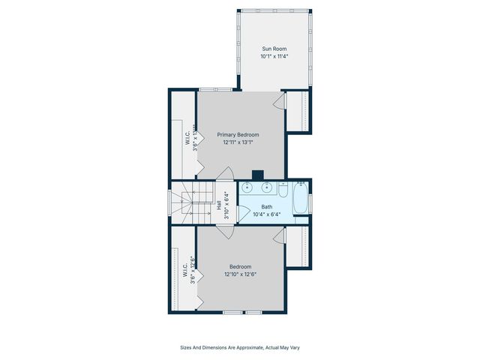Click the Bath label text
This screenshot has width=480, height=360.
[x=267, y=207]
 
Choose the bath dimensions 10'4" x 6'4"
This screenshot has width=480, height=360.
[x=267, y=214]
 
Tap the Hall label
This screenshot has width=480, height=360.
[x=219, y=203]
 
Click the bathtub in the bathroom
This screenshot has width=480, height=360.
[x=300, y=201]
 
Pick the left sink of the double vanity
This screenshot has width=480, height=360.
[x=248, y=187]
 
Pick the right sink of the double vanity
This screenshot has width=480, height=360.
[x=268, y=187]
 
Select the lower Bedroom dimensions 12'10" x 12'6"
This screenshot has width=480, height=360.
[x=240, y=274]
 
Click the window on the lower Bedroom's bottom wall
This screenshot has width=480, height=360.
[x=242, y=310]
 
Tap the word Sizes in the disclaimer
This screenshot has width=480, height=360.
[x=187, y=347]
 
